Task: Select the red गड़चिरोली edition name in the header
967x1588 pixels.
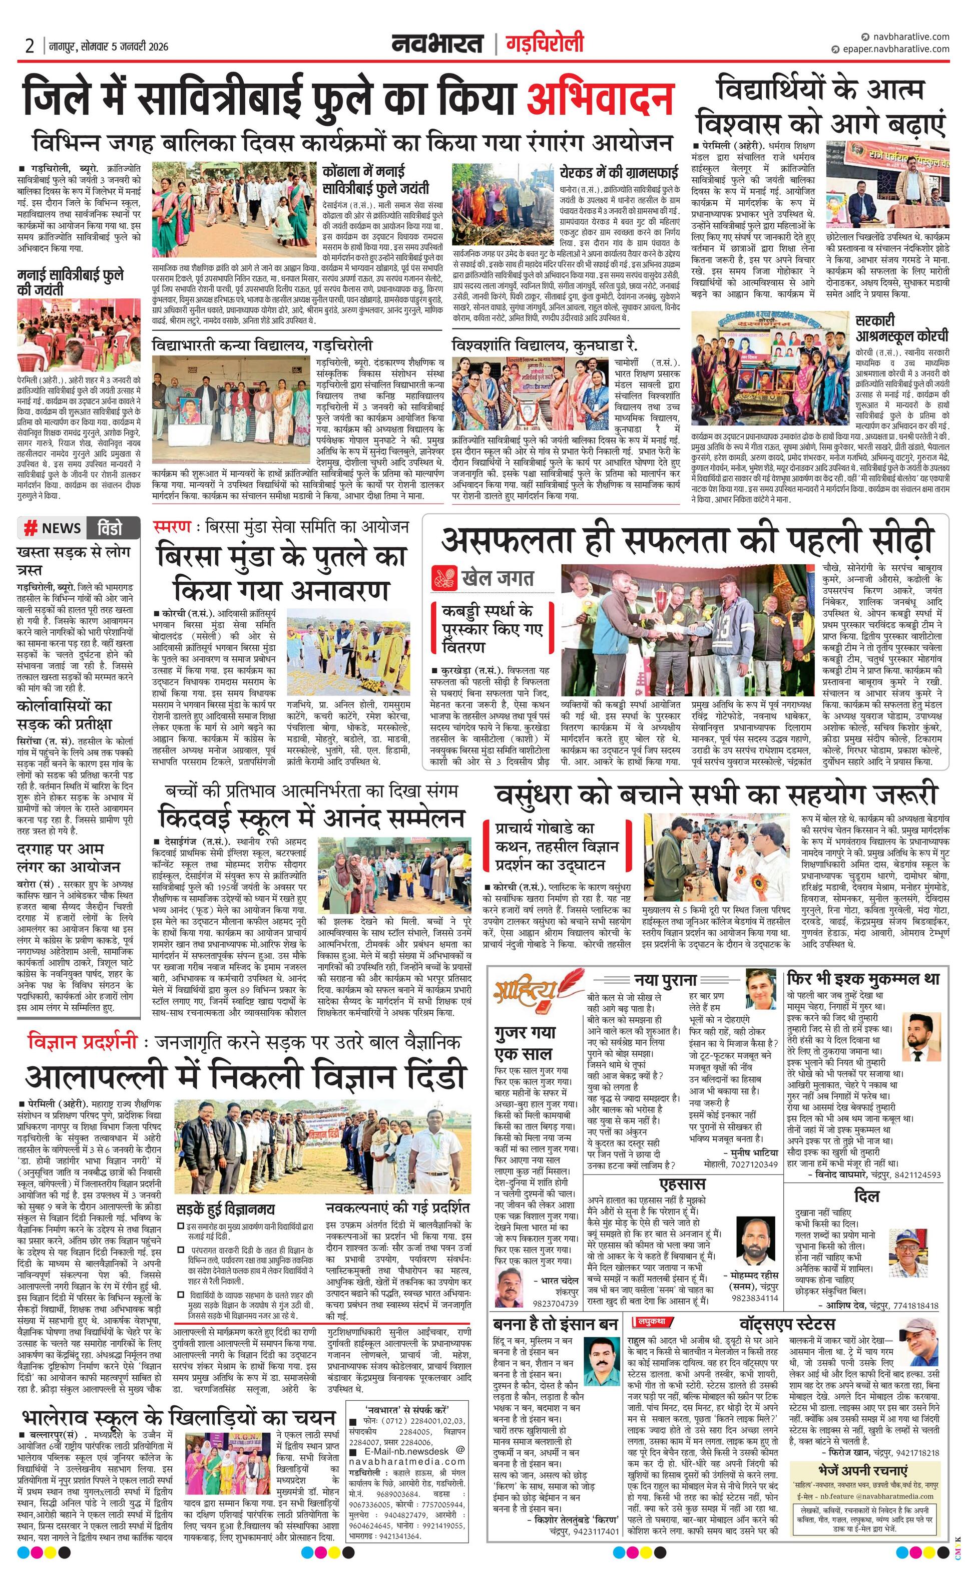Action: point(545,44)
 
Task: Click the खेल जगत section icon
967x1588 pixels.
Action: point(443,577)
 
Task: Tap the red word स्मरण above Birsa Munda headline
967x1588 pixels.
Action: point(172,527)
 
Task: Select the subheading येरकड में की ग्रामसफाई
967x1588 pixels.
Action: point(619,172)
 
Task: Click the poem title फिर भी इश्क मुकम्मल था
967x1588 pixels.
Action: point(862,978)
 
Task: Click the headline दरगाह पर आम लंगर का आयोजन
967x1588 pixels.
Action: point(68,857)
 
